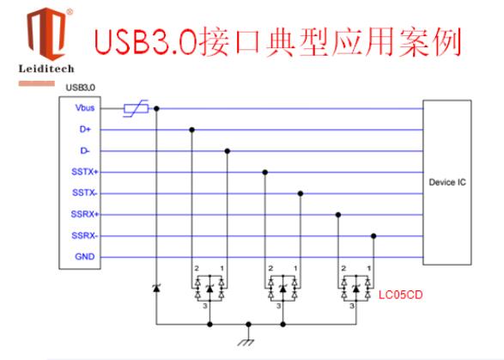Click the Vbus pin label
coord(85,107)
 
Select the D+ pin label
coord(85,130)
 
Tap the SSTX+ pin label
coord(84,172)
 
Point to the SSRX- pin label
coord(84,235)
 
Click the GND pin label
coord(85,257)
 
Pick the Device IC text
coord(447,182)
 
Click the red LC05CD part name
coord(400,295)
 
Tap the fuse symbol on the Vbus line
coord(137,108)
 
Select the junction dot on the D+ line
coord(191,130)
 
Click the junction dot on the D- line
coord(228,151)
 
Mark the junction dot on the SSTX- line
coord(301,193)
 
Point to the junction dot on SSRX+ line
coord(338,215)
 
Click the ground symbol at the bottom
coord(246,342)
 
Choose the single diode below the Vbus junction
coord(156,288)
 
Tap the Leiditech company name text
coord(46,69)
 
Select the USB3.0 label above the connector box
coord(81,88)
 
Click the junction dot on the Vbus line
coord(156,109)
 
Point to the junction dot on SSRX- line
coord(373,235)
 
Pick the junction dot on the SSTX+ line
coord(264,172)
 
